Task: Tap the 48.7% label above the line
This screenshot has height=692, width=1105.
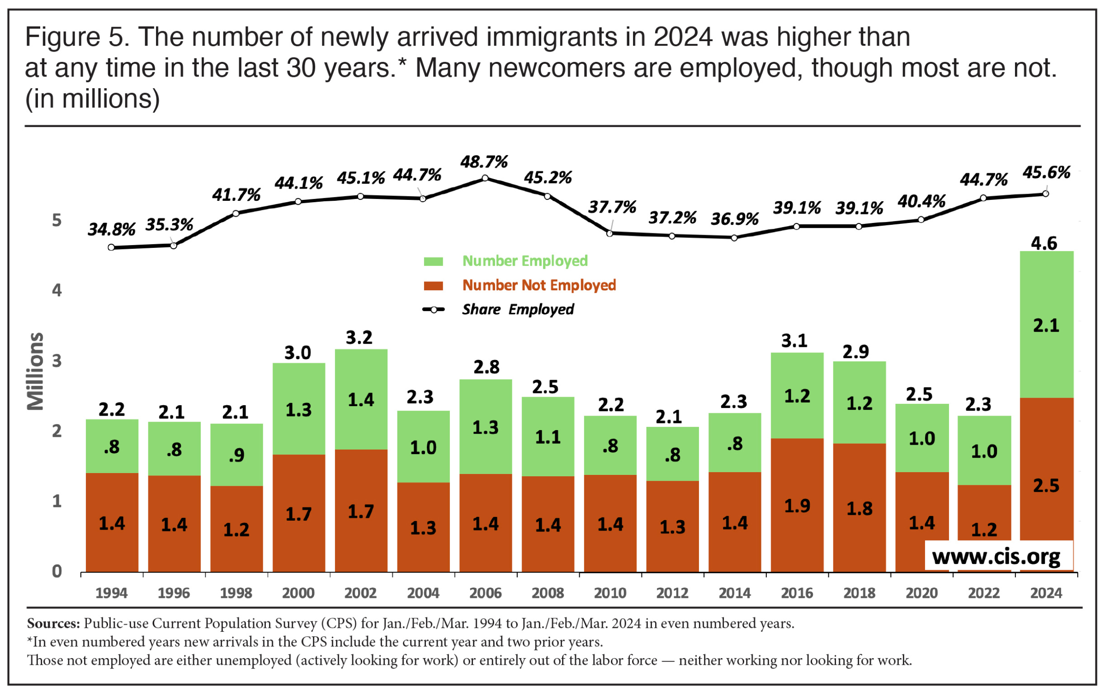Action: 484,162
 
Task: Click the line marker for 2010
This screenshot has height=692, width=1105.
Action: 609,233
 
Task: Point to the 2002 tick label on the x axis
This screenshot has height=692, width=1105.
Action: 360,593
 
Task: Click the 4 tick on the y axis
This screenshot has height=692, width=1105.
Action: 57,290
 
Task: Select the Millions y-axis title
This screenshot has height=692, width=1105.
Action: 35,371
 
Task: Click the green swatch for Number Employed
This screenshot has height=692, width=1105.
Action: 433,261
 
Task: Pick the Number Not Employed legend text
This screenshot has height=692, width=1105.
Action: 539,285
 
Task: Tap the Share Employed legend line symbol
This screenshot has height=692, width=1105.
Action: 433,310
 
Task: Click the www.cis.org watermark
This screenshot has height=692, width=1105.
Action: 996,556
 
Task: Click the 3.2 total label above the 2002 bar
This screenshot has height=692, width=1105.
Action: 359,338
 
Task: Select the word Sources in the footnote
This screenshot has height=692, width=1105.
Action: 53,623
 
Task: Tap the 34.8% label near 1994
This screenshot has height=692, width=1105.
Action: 111,229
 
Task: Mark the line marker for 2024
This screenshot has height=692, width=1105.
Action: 1045,194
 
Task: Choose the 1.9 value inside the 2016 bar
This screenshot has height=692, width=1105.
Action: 797,506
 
